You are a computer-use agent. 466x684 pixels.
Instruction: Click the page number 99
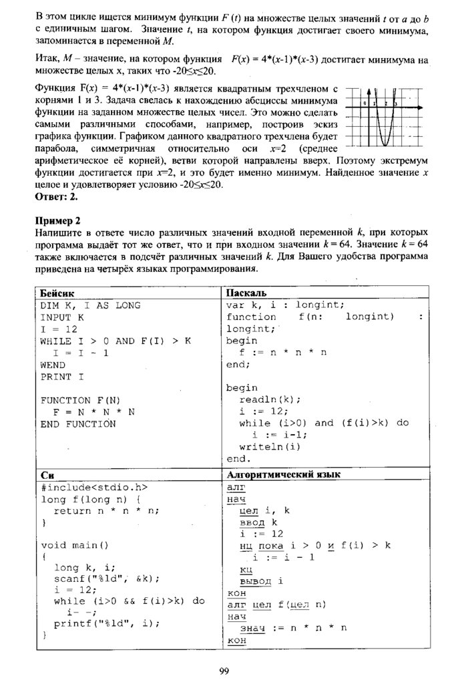(x=224, y=671)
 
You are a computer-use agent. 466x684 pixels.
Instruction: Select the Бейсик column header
(x=55, y=293)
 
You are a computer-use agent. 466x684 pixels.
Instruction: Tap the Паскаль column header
(x=246, y=293)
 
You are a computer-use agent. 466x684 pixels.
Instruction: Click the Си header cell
(x=47, y=475)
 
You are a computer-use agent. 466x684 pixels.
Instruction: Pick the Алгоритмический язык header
(x=284, y=475)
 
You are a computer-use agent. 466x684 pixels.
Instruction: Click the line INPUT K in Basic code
(x=63, y=317)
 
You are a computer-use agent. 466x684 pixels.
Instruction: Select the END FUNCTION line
(x=77, y=423)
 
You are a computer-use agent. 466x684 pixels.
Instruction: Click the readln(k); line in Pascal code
(x=270, y=399)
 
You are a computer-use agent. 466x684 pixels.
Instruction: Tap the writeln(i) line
(x=270, y=447)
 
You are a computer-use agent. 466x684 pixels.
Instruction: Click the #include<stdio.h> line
(x=93, y=487)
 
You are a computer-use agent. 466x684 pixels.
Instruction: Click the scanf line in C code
(x=107, y=579)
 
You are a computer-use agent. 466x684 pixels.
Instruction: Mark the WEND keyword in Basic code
(x=53, y=365)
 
